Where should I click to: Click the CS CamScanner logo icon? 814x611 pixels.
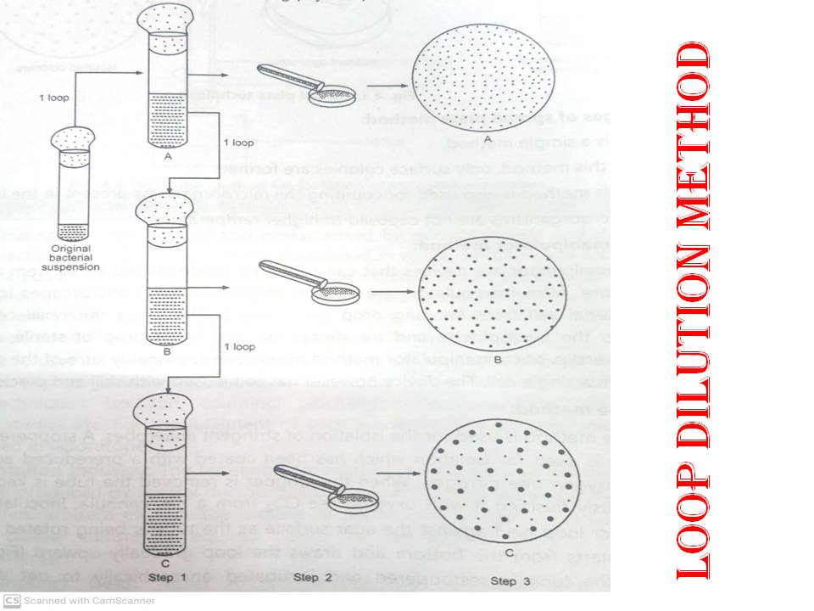tap(11, 601)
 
